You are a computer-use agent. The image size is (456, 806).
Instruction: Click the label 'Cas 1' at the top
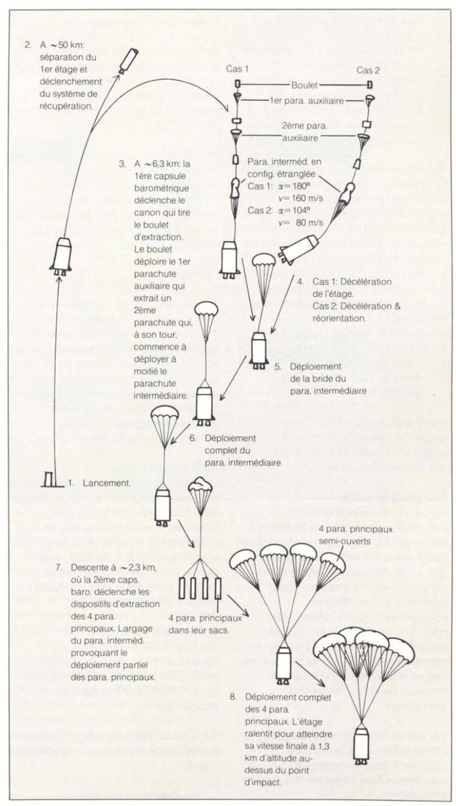point(237,69)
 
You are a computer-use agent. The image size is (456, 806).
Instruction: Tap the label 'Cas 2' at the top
point(369,69)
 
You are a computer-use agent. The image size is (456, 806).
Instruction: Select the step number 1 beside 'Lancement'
point(71,483)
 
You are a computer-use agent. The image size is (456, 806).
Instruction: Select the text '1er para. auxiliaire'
point(304,100)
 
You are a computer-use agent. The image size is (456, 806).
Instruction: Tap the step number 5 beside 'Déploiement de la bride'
point(277,367)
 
